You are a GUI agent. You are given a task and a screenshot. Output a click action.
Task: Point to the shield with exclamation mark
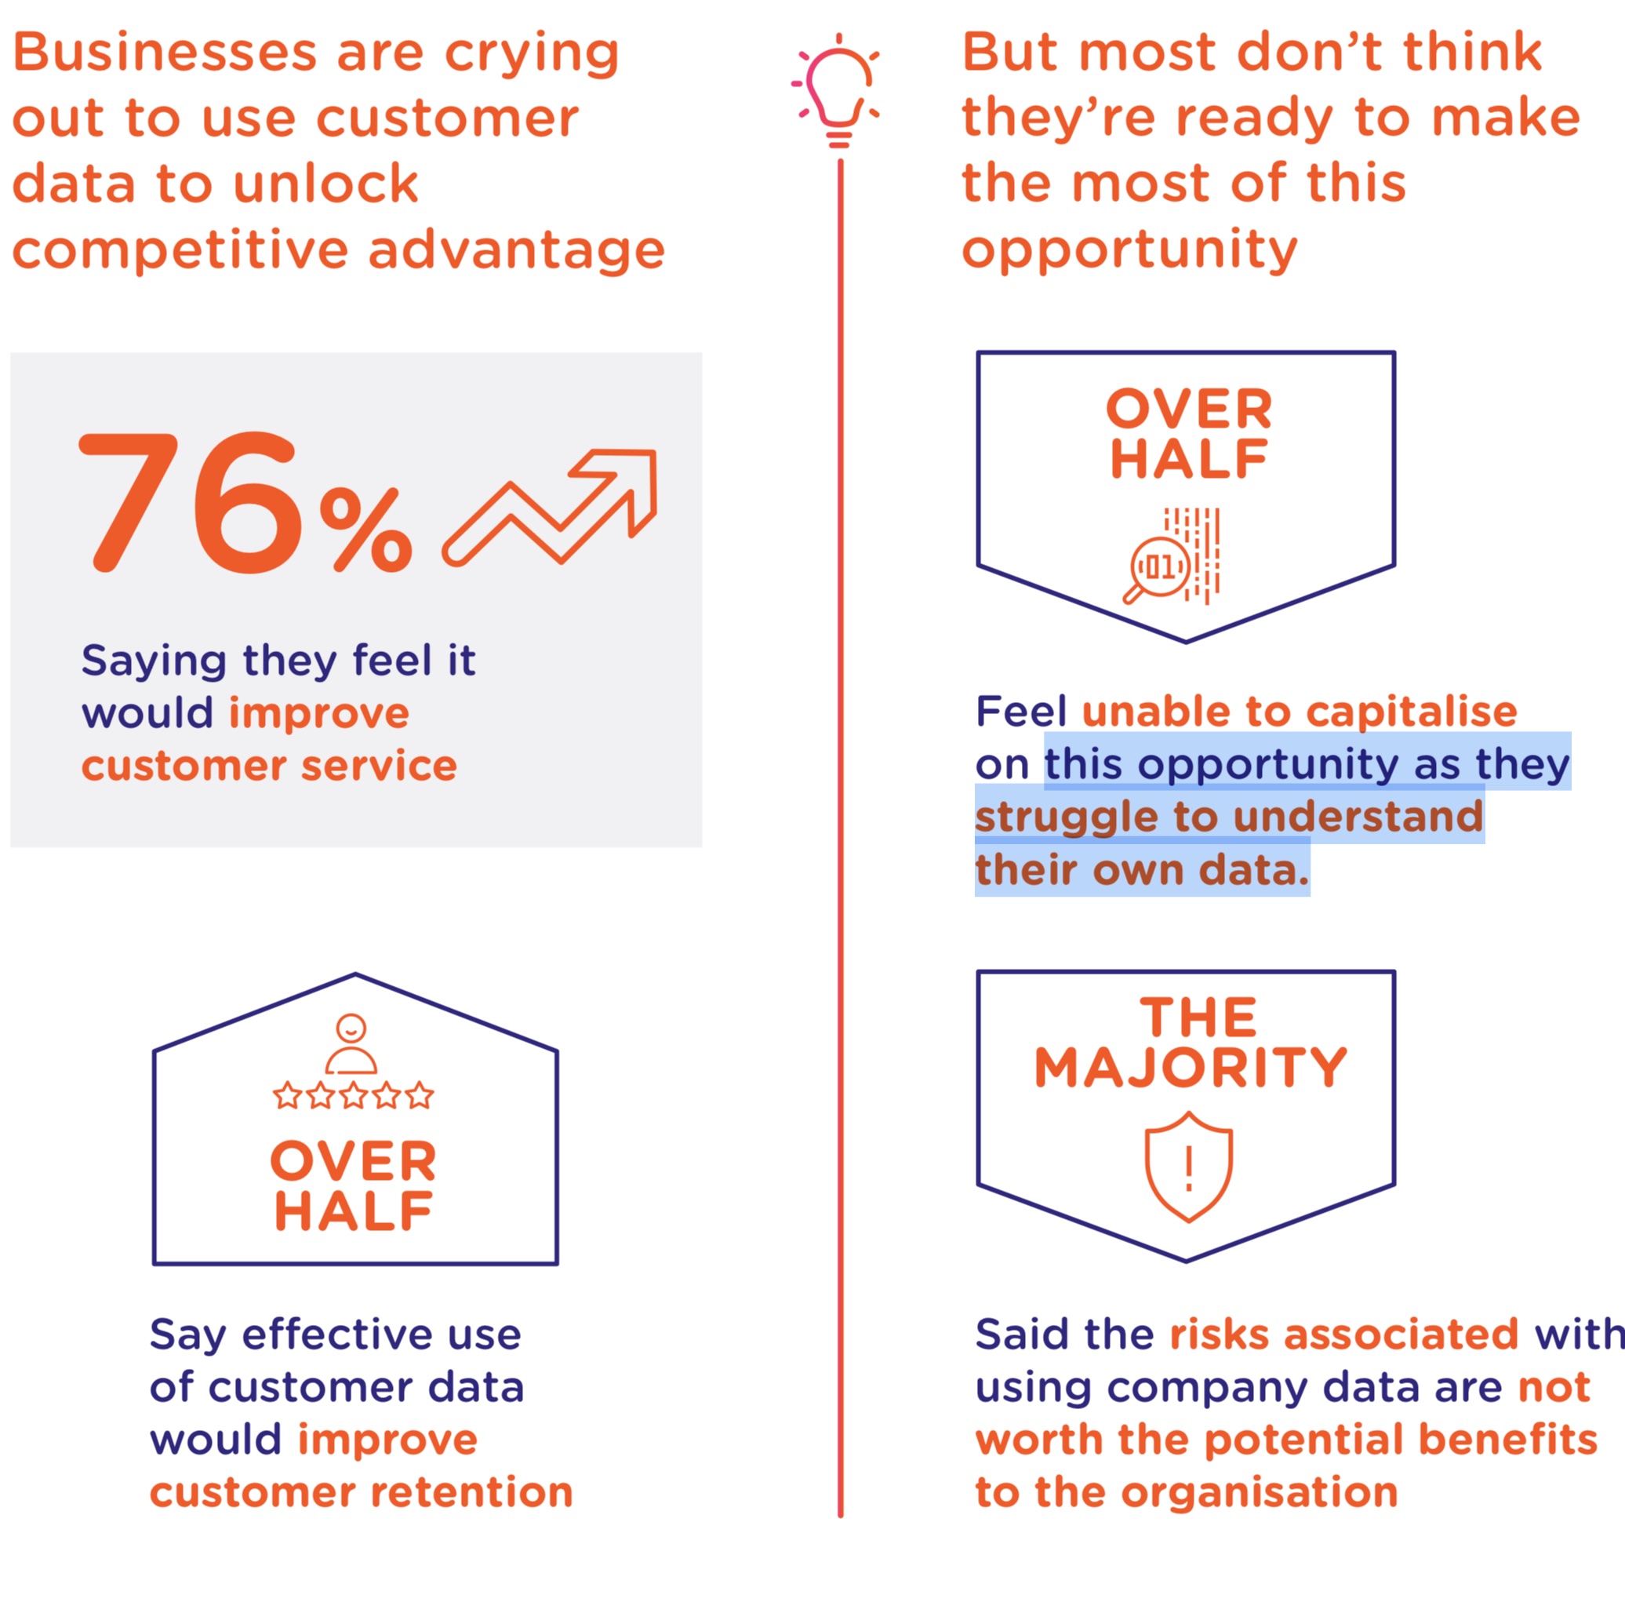tap(1187, 1166)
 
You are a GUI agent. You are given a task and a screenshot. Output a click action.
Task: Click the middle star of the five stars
tap(353, 1095)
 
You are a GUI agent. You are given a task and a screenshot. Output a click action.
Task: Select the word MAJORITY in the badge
tap(1191, 1068)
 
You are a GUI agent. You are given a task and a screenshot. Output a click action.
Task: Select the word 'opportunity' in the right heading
tap(1129, 251)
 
